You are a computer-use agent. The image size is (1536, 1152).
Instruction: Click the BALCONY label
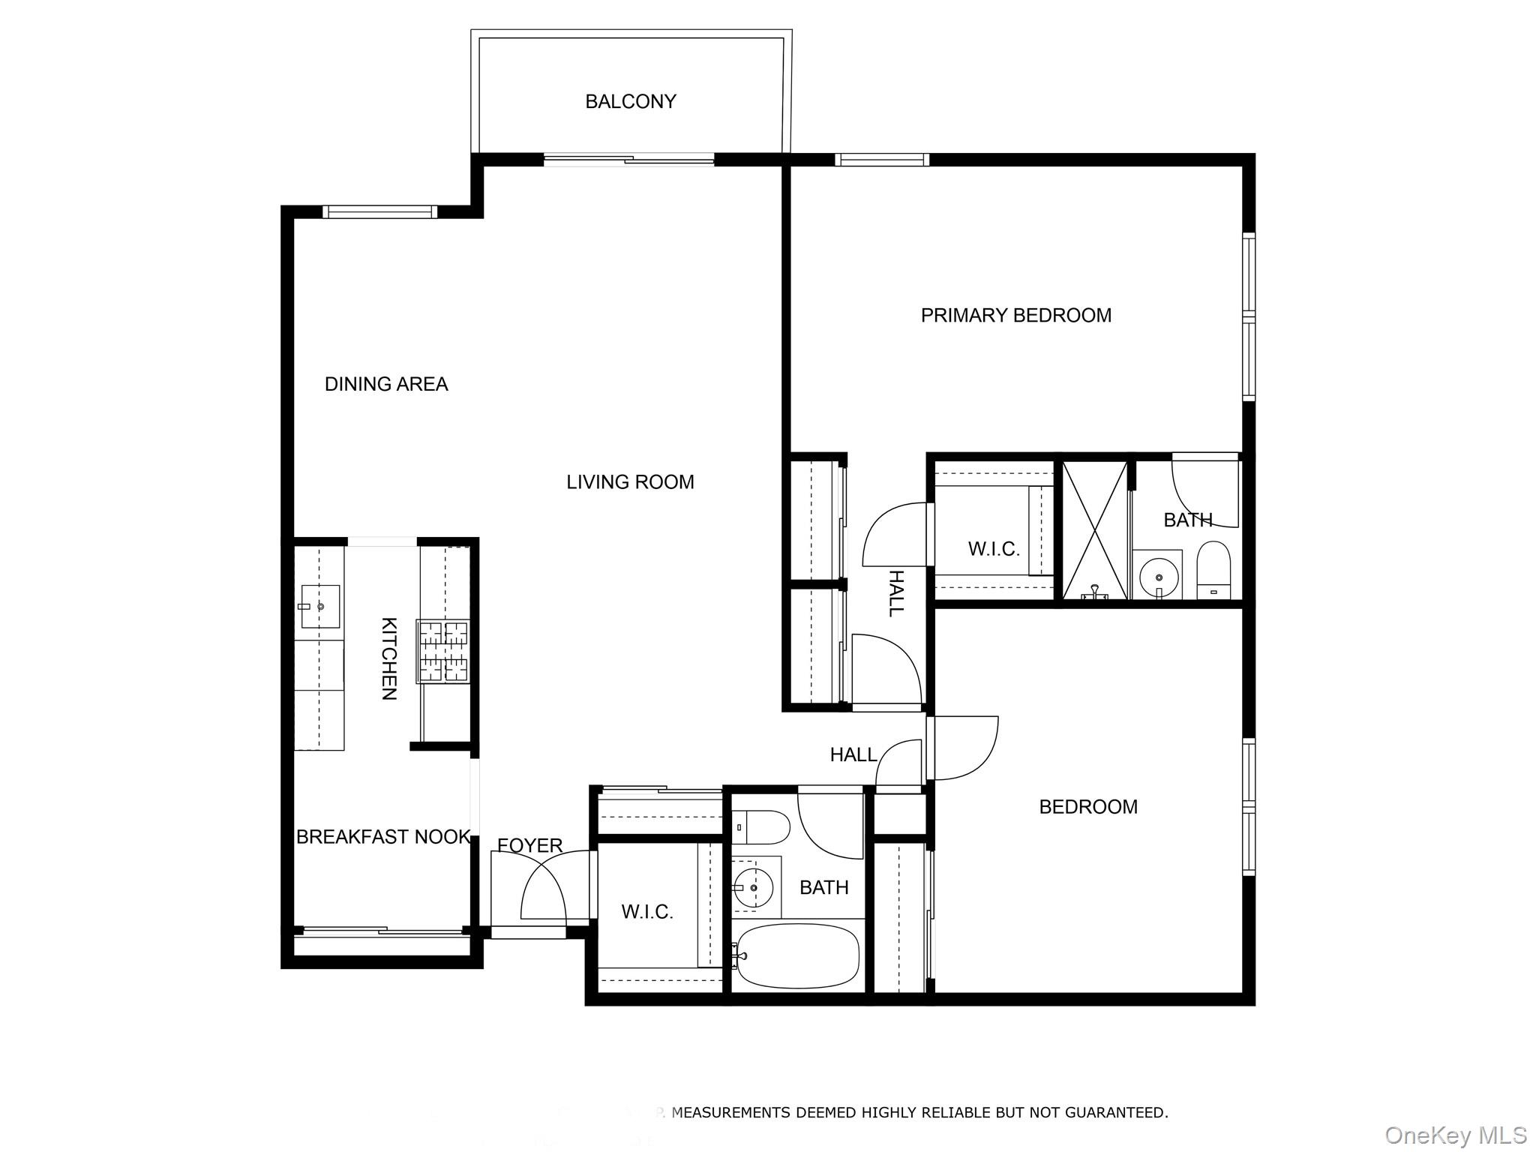tap(630, 101)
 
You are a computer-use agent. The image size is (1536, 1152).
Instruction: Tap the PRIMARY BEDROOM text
tap(1015, 315)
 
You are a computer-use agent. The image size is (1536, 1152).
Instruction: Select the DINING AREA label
tap(386, 384)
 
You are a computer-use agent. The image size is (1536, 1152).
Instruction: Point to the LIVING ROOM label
tap(630, 481)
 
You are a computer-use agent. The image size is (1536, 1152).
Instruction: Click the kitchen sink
tap(320, 606)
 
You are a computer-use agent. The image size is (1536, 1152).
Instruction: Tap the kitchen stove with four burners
tap(443, 651)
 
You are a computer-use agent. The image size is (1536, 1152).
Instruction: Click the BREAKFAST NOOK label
tap(383, 836)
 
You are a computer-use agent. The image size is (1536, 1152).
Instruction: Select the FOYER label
tap(529, 845)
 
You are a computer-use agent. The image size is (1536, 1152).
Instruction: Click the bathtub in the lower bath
tap(797, 956)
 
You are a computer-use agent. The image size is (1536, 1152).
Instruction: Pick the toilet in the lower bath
tap(761, 828)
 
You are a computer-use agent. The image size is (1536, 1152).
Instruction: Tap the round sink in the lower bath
tap(753, 888)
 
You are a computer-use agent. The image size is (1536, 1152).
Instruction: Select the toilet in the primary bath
tap(1213, 570)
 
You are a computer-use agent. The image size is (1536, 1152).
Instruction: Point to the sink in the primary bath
tap(1159, 577)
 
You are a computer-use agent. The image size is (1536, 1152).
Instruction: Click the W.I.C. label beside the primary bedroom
tap(994, 549)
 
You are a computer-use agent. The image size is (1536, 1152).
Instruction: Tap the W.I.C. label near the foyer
tap(647, 912)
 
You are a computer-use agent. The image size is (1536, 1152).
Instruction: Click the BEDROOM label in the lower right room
tap(1088, 807)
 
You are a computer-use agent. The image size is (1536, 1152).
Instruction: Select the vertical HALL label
tap(895, 593)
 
